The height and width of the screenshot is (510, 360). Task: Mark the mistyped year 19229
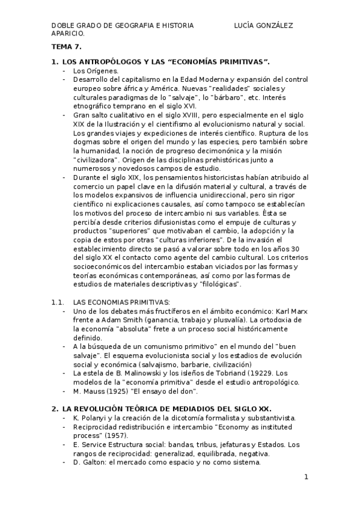(266, 373)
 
